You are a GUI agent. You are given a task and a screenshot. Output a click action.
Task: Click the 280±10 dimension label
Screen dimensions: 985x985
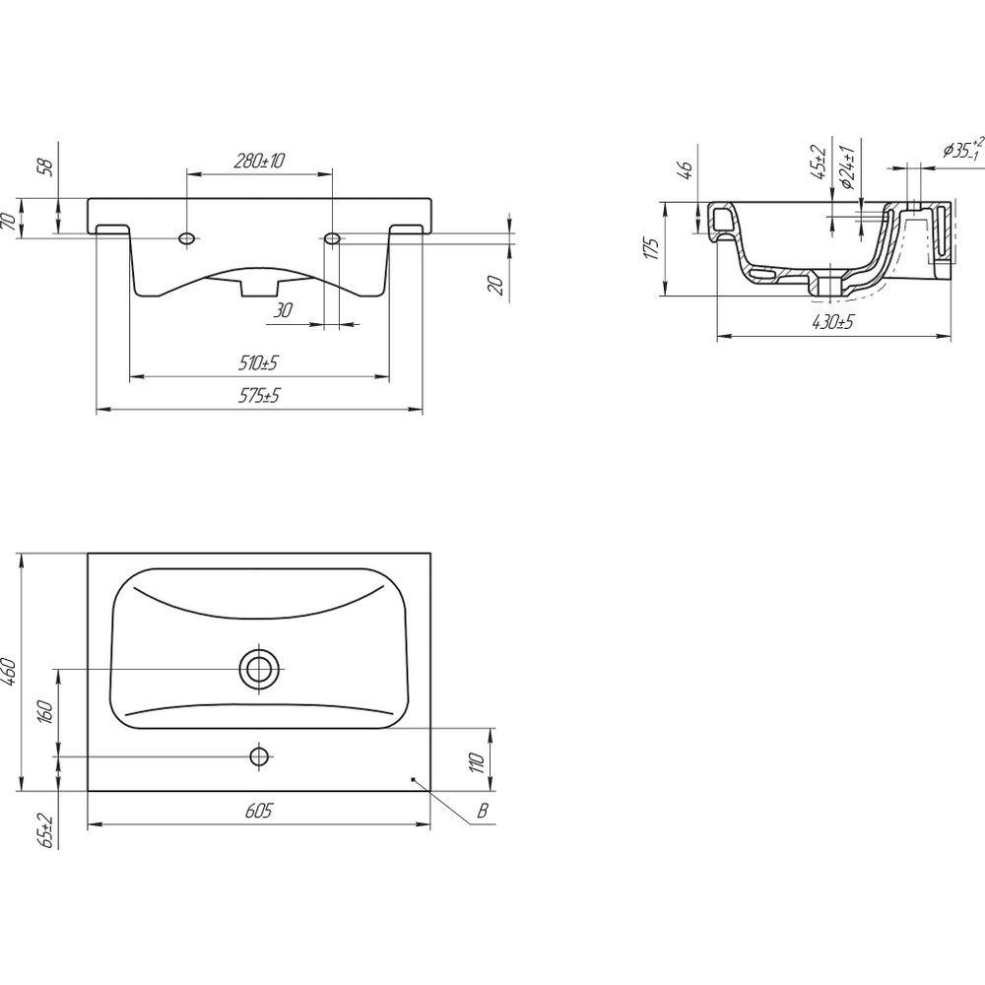coord(259,161)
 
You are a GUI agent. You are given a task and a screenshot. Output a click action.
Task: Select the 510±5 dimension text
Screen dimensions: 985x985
coord(258,363)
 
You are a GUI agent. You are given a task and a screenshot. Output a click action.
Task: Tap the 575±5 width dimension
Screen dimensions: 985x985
coord(259,396)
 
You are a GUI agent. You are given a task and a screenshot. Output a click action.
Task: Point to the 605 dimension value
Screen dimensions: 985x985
coord(258,811)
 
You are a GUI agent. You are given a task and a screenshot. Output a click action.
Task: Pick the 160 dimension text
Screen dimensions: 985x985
coord(46,712)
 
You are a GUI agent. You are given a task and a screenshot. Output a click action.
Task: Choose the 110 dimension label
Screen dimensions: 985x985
coord(478,762)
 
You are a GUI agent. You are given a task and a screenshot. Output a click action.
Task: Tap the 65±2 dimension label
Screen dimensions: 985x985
coord(46,831)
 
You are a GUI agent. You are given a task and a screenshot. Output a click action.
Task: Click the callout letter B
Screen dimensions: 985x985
coord(482,811)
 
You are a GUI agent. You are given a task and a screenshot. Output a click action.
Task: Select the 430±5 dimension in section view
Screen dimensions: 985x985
coord(833,323)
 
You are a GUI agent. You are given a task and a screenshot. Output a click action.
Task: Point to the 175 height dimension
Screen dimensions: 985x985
coord(653,249)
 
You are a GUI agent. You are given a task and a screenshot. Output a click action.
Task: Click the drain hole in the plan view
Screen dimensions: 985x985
coord(259,670)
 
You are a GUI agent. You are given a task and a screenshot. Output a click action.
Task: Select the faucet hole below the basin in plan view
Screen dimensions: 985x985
coord(259,756)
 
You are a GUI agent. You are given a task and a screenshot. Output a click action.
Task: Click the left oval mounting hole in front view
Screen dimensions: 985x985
coord(187,238)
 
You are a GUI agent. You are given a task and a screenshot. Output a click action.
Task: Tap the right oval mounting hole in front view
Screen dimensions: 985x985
coord(332,238)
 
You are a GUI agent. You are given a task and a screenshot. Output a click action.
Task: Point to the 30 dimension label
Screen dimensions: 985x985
coord(284,309)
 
